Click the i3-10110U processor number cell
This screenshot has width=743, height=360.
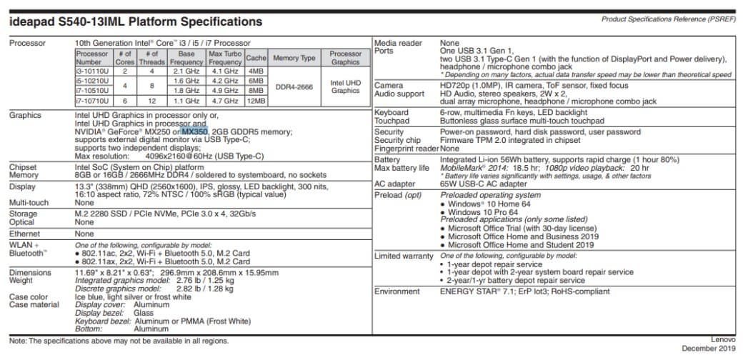click(x=91, y=71)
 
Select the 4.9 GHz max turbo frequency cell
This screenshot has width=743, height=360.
click(x=225, y=91)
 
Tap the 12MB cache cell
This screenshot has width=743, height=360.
click(x=256, y=101)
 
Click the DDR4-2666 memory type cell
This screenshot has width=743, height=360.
click(x=294, y=86)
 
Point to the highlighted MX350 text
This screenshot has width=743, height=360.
click(x=194, y=131)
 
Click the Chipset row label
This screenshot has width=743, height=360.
click(x=24, y=166)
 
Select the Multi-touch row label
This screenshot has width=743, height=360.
click(x=29, y=202)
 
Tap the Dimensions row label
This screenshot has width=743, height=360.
click(x=30, y=272)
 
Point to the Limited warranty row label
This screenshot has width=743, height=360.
click(x=404, y=256)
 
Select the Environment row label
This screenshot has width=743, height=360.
click(x=397, y=291)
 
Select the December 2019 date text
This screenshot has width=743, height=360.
click(x=708, y=349)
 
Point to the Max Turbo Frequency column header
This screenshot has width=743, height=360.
click(x=225, y=58)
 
